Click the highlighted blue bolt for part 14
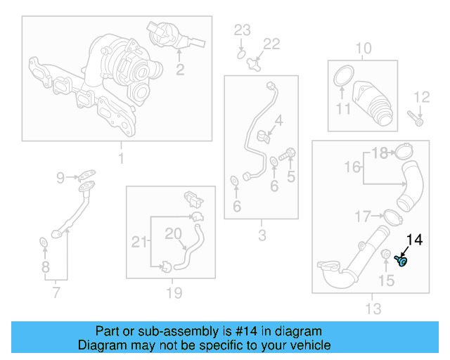click(x=402, y=262)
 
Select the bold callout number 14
click(x=414, y=240)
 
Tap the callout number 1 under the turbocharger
click(x=120, y=159)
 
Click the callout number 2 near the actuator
click(x=180, y=69)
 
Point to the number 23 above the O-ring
click(x=242, y=30)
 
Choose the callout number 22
click(x=271, y=44)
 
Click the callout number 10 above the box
click(x=363, y=49)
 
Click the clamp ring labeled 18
click(x=404, y=150)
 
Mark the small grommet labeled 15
click(x=386, y=255)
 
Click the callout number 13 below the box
click(x=373, y=308)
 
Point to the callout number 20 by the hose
click(x=173, y=233)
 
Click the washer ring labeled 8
click(x=43, y=243)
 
